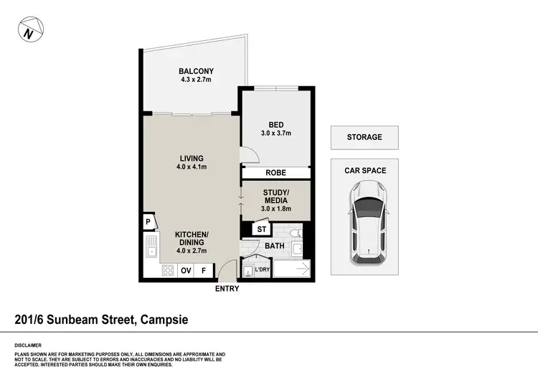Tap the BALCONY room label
tap(196, 71)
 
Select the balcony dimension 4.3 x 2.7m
tap(196, 80)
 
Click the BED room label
tap(276, 124)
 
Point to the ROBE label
tap(276, 173)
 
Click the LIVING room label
tap(192, 159)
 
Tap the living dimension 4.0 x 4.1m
tap(192, 167)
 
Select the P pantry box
tap(148, 222)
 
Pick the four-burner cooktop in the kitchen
tap(167, 271)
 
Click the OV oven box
tap(186, 271)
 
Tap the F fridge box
tap(204, 271)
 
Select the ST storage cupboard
tap(261, 230)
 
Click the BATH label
tap(275, 246)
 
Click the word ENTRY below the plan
tap(226, 289)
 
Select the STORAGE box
tap(364, 137)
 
